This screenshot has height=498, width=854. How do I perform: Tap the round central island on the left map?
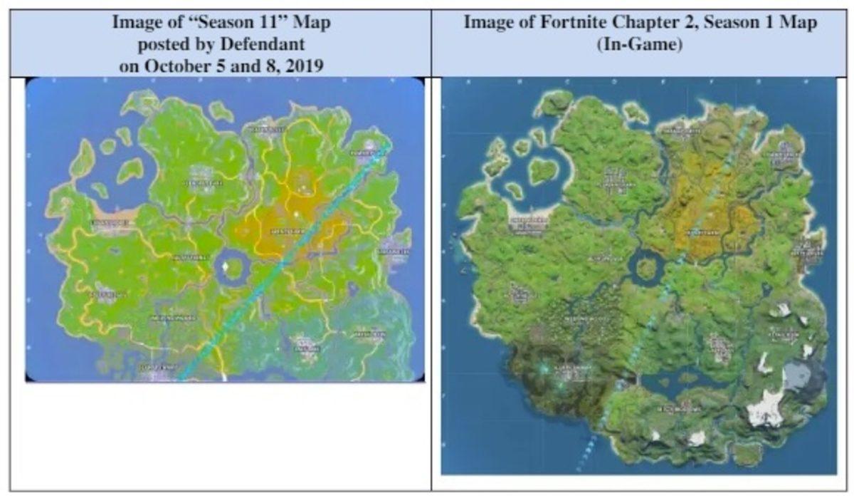(230, 269)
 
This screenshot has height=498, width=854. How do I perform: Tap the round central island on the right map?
(645, 267)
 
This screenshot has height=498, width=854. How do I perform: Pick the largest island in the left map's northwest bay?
(130, 170)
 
